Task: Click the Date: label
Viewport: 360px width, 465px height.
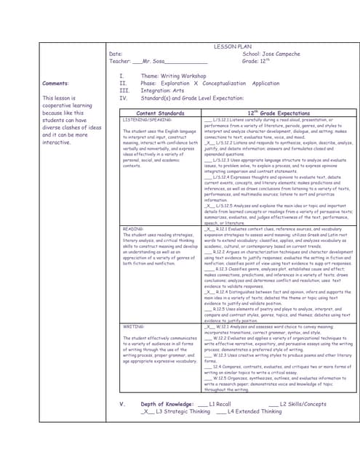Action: coord(115,54)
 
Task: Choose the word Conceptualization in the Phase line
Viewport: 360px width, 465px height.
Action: coord(227,84)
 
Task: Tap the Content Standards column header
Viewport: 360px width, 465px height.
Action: coord(160,113)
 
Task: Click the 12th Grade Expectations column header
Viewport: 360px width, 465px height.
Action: coord(277,113)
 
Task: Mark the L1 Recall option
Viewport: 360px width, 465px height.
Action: coord(220,403)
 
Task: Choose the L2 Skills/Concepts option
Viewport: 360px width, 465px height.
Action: coord(304,403)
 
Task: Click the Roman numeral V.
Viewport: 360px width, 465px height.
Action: coord(121,403)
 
